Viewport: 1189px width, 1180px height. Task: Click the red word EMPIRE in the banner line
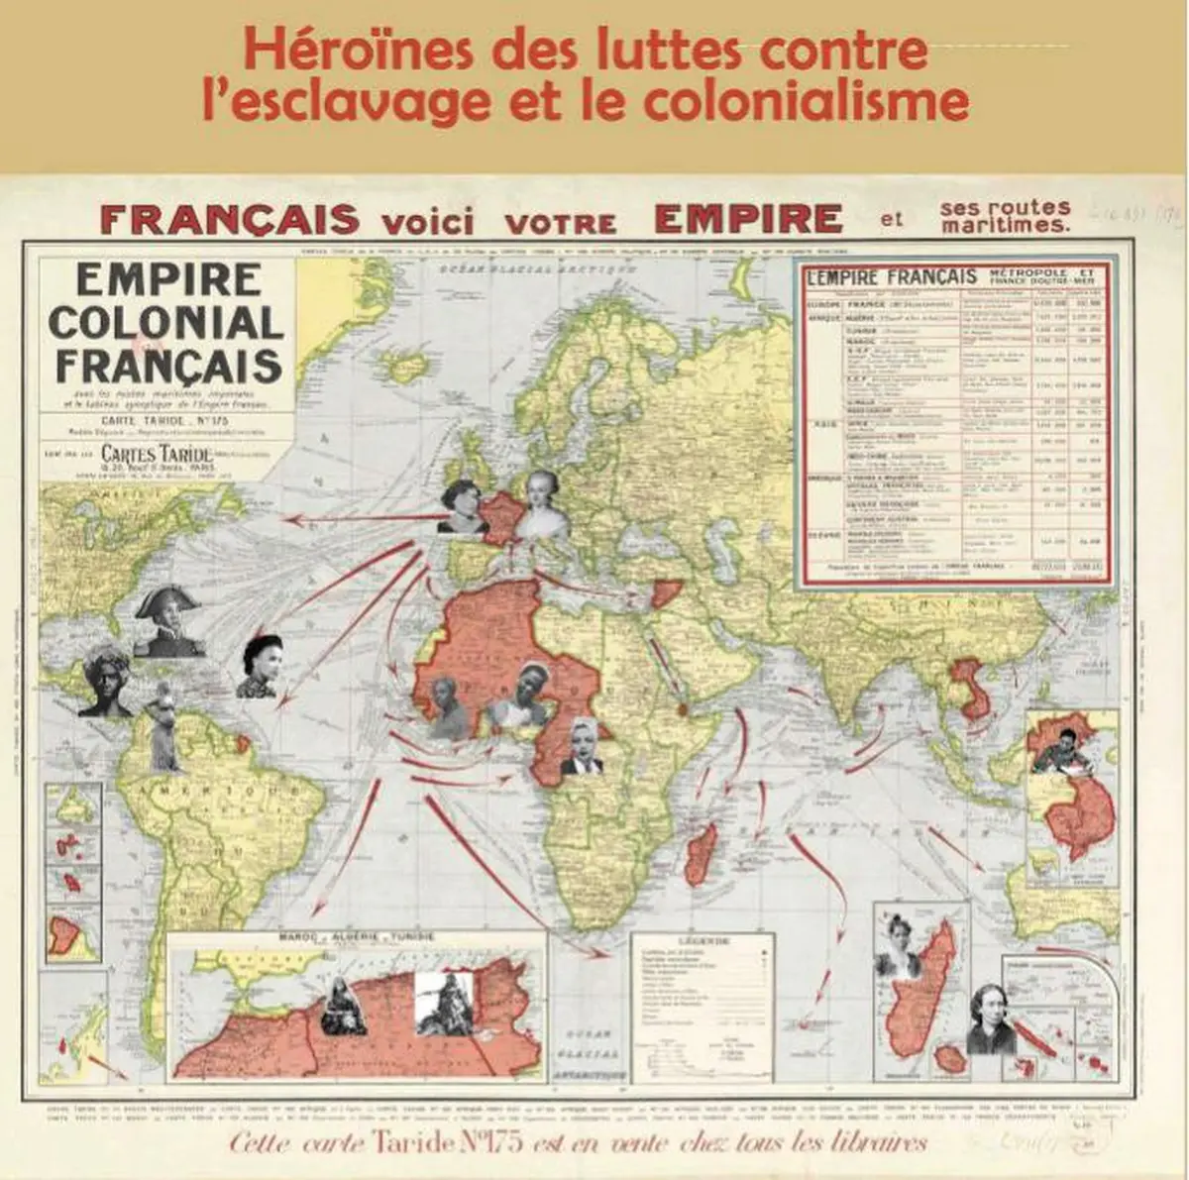coord(748,218)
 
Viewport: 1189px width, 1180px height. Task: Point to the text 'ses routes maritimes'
coord(1006,216)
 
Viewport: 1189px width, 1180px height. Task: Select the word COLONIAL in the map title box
coord(166,323)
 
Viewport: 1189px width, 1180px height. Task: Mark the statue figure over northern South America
coord(163,729)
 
